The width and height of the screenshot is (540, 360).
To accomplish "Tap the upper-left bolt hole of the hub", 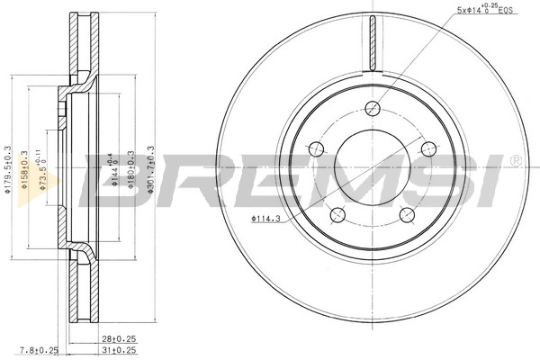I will pyautogui.click(x=317, y=148).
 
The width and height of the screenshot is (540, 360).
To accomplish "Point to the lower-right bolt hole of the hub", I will pyautogui.click(x=407, y=213).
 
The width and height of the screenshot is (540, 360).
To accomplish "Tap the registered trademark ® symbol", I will pyautogui.click(x=514, y=160).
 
